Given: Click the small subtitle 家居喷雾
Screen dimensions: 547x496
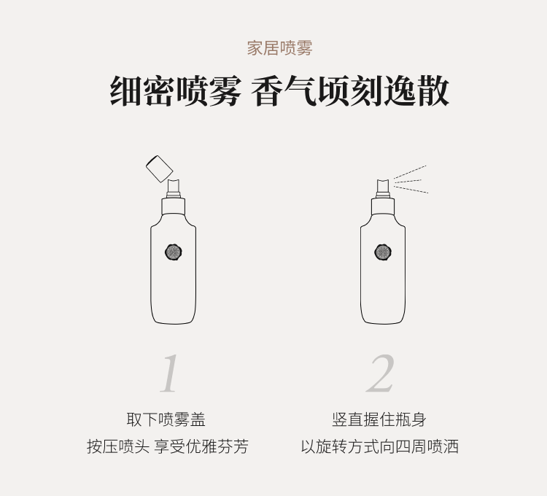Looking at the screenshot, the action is (279, 48).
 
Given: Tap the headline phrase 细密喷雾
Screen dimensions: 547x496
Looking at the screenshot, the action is (176, 91).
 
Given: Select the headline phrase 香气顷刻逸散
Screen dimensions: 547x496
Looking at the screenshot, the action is (350, 91).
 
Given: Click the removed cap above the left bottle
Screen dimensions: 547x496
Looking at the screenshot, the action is (160, 168).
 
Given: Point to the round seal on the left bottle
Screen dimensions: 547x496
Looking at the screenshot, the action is (174, 252).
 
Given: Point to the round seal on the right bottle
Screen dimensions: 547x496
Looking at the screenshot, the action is (383, 252).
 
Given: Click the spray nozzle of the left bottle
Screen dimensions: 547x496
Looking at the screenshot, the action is (174, 189).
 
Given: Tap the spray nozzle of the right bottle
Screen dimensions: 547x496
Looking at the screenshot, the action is (383, 189).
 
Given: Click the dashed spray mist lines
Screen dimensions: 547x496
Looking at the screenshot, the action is (411, 180).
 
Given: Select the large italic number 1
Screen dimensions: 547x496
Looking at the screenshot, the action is (169, 373).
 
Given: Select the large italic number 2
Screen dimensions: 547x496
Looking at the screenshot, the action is (381, 373).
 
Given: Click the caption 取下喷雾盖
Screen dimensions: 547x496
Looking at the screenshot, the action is (166, 419).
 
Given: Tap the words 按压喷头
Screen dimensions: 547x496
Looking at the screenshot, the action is (118, 446).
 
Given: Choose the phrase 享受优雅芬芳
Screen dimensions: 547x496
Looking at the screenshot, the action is (201, 446).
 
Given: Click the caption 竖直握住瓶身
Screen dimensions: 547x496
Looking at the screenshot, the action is (379, 419).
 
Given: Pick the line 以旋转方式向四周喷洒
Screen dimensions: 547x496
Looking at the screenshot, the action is (379, 446).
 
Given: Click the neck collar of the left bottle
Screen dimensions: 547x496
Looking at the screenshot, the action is (174, 206).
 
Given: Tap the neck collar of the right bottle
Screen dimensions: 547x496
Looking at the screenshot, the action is (383, 206).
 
